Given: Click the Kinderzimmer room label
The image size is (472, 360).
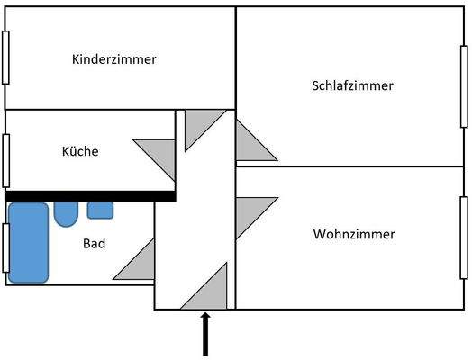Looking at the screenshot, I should (113, 59).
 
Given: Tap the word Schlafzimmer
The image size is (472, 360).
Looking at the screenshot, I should (352, 85).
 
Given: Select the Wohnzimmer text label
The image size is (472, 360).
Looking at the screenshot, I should (354, 234).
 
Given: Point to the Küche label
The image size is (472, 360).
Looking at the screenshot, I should (81, 151).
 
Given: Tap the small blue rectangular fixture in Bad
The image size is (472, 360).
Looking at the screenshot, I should (100, 211).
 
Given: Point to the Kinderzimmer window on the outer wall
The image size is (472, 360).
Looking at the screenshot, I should (5, 58).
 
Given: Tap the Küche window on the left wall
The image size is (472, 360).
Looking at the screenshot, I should (5, 159).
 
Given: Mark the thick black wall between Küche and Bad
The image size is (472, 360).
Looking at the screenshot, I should (90, 194).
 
